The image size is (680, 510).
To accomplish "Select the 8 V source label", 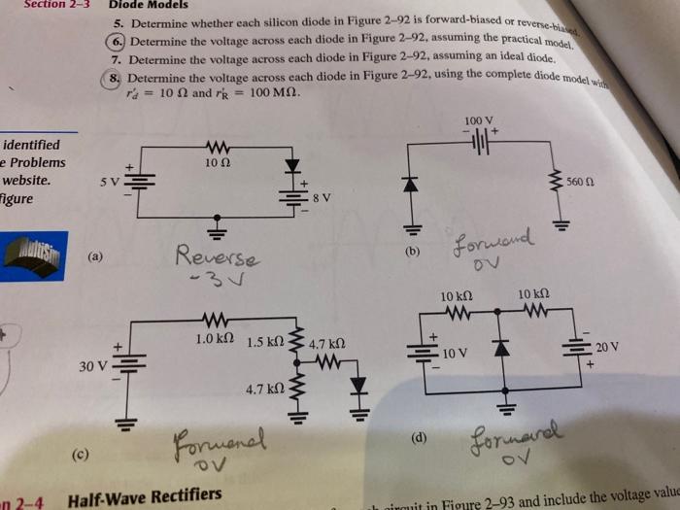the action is tap(322, 198).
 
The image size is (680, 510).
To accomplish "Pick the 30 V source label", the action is tap(92, 365).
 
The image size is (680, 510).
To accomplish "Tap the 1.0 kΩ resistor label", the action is tap(210, 339).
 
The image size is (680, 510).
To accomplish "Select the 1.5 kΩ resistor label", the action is tap(263, 343).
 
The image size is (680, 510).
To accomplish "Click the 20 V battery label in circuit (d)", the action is tap(607, 347).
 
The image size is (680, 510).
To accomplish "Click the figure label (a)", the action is tap(93, 256).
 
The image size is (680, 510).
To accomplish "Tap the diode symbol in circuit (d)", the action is tap(503, 348).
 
